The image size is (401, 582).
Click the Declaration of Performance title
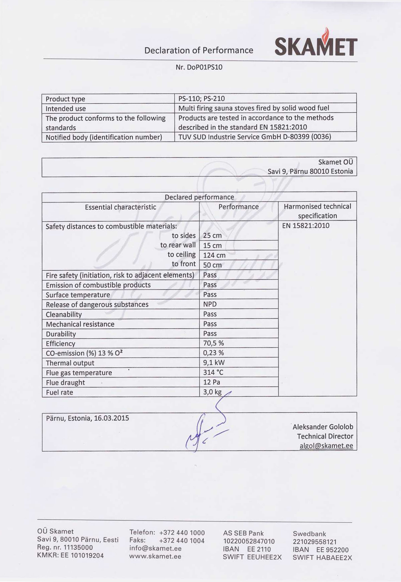tap(198, 50)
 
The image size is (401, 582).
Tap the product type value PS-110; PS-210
tap(201, 98)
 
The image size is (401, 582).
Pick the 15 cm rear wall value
tap(212, 246)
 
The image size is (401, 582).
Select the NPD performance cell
tap(210, 304)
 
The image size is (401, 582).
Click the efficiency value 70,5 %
tap(213, 343)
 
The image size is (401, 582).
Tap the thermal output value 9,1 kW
tap(214, 363)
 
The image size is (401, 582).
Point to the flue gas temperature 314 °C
tap(213, 372)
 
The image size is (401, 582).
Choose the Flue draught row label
tap(65, 382)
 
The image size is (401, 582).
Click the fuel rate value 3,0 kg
tap(212, 392)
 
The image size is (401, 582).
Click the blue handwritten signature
tap(206, 427)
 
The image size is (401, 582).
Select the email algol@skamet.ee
tap(326, 446)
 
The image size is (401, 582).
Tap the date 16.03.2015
tap(111, 418)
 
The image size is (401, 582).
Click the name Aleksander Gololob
tap(323, 427)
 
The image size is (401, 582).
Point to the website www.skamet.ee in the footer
tap(155, 556)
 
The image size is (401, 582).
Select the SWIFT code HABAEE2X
tap(334, 558)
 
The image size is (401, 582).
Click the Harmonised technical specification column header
tap(317, 211)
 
